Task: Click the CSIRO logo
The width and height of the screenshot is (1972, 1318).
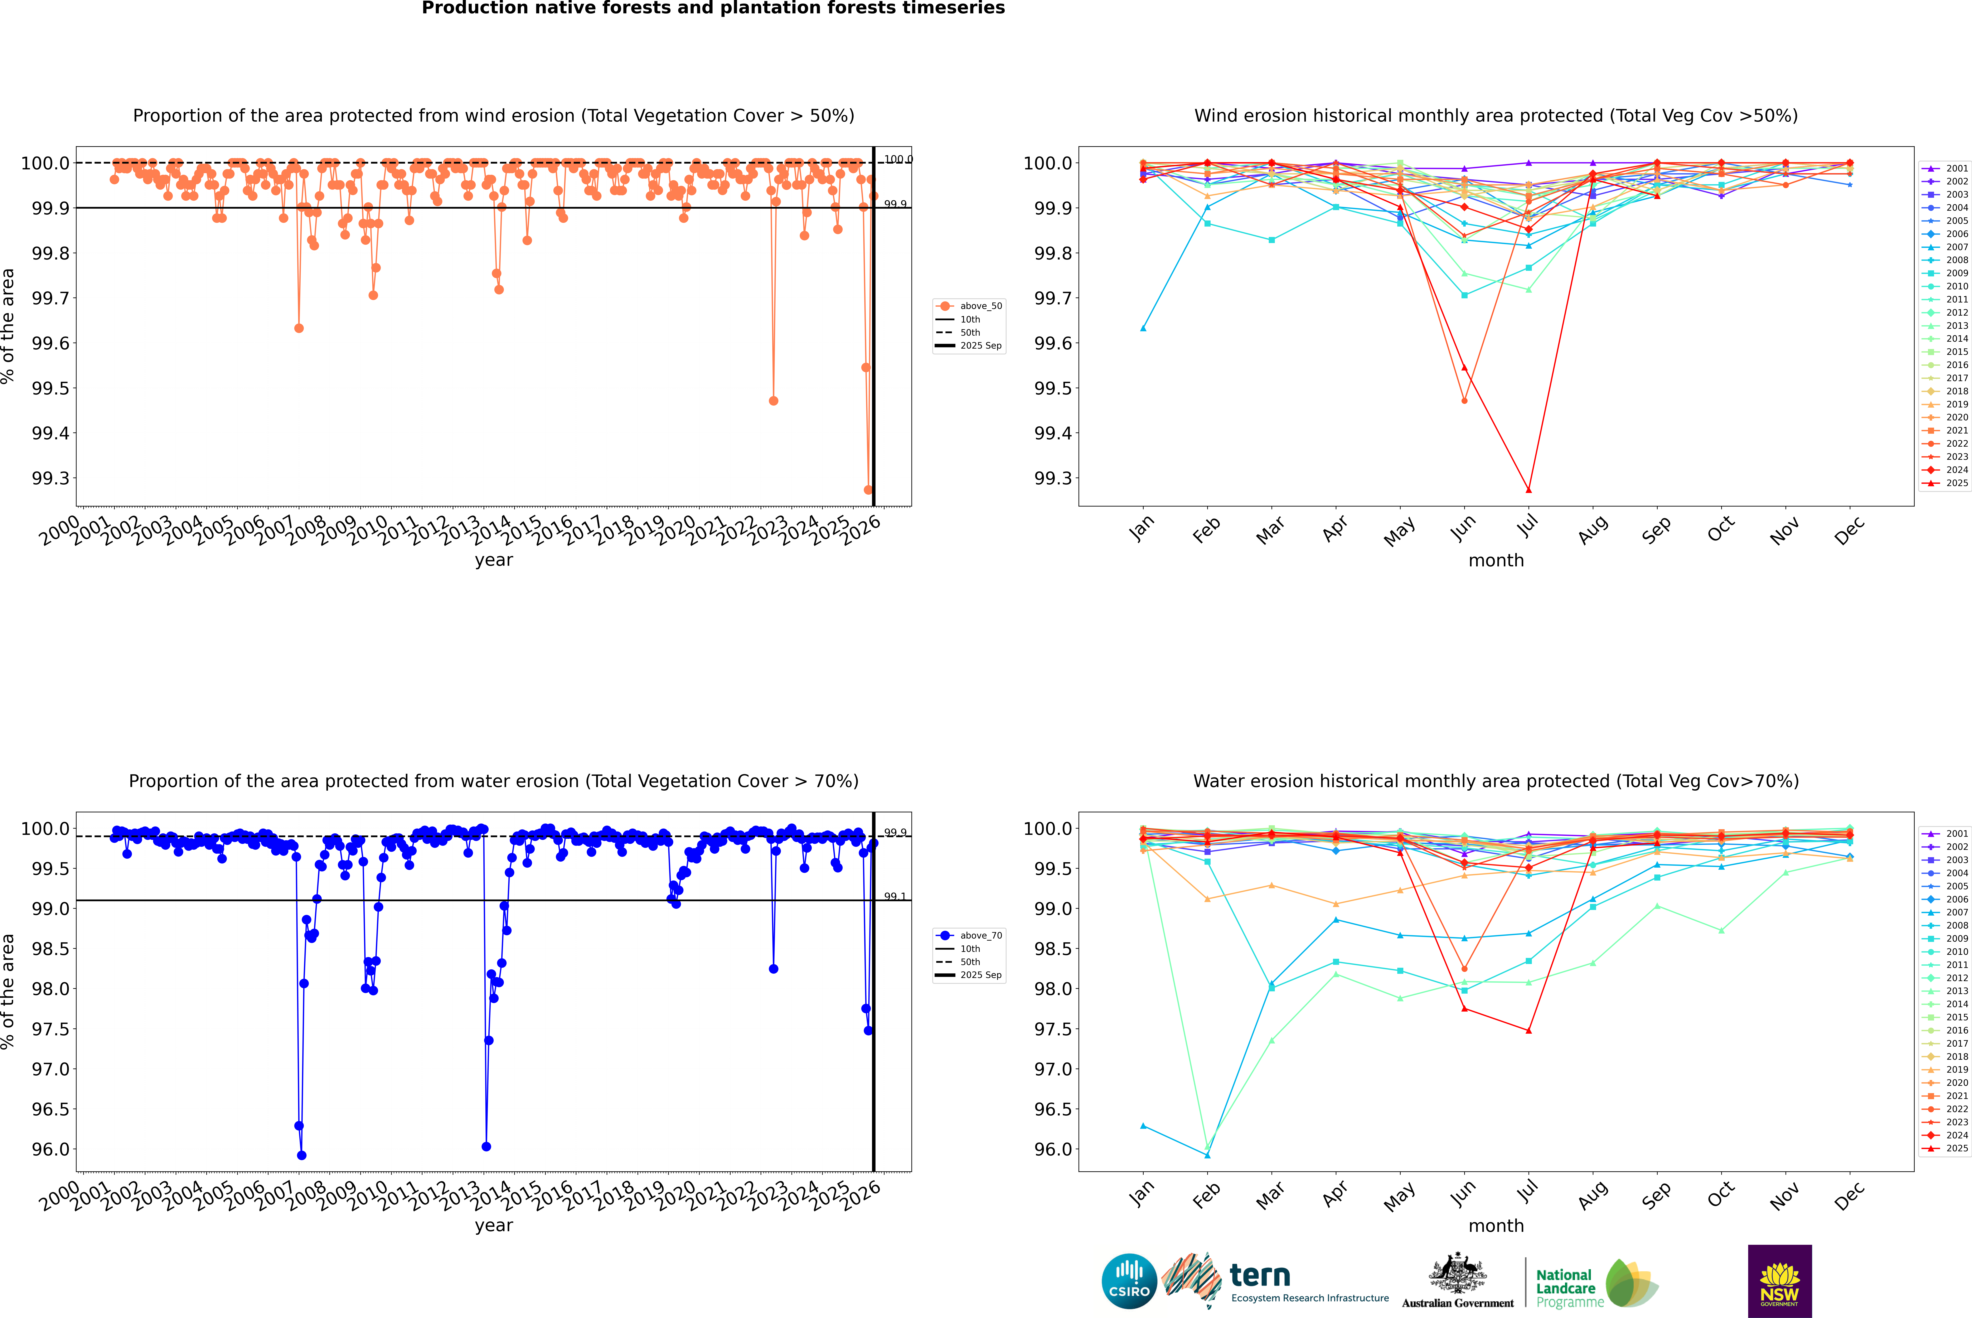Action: coord(1129,1281)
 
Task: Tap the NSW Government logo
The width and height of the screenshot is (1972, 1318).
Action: coord(1779,1281)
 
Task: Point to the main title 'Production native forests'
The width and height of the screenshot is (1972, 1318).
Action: coord(713,8)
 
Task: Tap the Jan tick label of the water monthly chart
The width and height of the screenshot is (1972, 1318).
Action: coord(1142,1195)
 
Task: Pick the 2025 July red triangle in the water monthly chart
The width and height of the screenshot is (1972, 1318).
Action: coord(1528,1031)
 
